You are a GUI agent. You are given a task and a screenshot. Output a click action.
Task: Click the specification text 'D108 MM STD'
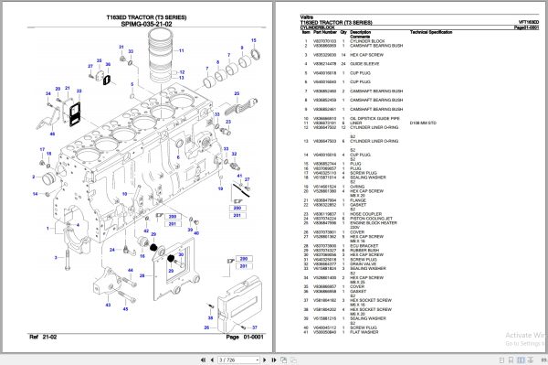coord(425,123)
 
